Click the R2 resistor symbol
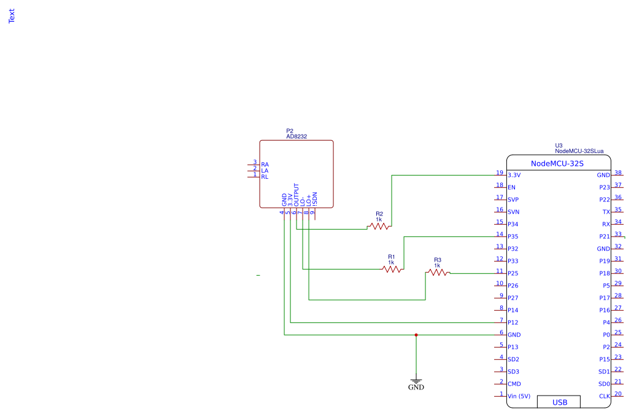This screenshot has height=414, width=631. tap(379, 227)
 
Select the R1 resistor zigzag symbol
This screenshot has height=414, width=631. tap(392, 270)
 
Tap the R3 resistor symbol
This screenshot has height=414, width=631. tap(438, 273)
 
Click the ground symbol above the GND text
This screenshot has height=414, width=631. tap(416, 381)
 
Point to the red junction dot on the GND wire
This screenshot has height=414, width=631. tap(416, 335)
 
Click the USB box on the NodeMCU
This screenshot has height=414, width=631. tap(559, 402)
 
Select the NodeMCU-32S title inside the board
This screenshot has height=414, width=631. tap(557, 163)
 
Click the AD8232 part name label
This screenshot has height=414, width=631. tap(296, 136)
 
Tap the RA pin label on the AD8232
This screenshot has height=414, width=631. tap(265, 165)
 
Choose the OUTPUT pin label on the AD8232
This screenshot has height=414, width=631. tap(296, 195)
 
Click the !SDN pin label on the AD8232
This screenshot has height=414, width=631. tap(315, 199)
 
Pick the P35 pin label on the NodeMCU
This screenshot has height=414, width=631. tap(513, 236)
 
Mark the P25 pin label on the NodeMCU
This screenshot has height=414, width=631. tap(513, 273)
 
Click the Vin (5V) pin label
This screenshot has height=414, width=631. tap(519, 396)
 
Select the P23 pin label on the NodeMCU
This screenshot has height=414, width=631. tap(605, 187)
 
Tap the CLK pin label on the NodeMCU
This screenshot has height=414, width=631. tap(605, 396)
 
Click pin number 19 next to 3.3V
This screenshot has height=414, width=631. tap(500, 173)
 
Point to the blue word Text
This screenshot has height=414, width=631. tap(12, 16)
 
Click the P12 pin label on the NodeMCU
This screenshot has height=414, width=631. tap(513, 322)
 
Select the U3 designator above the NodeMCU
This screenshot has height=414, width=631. tap(559, 146)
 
